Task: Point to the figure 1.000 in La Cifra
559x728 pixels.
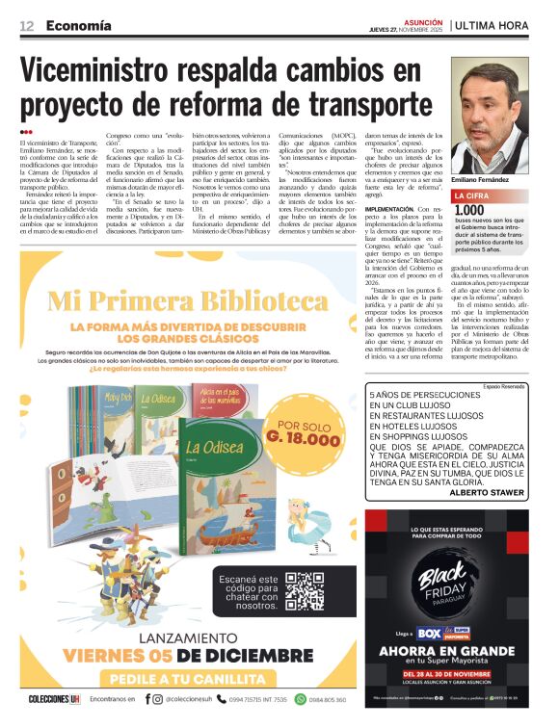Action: click(x=469, y=210)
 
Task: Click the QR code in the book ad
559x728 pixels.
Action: click(x=305, y=592)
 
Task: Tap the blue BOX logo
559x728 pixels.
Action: click(x=428, y=635)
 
